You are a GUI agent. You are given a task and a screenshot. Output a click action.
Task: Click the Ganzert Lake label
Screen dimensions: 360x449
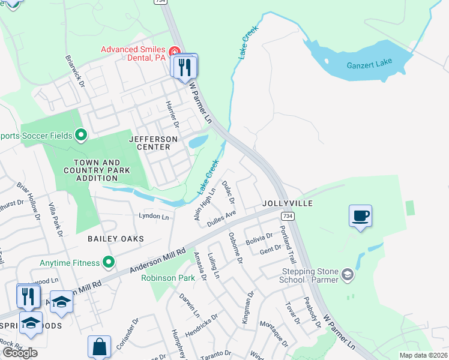point(368,65)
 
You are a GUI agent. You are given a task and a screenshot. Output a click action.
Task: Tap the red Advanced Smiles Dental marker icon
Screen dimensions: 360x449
point(175,50)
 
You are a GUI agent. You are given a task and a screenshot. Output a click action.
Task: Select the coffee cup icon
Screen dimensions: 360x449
point(360,216)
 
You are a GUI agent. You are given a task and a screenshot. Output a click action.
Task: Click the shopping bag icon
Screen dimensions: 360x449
point(99,347)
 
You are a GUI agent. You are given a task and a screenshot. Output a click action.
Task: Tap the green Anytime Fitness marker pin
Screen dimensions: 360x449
point(109,262)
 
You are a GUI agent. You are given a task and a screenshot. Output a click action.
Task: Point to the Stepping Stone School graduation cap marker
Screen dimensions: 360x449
point(346,275)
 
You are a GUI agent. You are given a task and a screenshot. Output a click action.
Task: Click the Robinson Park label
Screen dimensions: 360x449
point(167,278)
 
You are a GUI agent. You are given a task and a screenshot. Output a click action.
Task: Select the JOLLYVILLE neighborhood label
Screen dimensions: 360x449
point(288,204)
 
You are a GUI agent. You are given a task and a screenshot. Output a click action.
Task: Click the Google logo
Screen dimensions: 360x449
point(20,353)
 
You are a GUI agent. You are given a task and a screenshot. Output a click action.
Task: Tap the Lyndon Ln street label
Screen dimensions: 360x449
point(154,215)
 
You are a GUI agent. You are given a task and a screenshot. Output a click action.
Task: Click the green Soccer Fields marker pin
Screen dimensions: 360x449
point(82,135)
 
